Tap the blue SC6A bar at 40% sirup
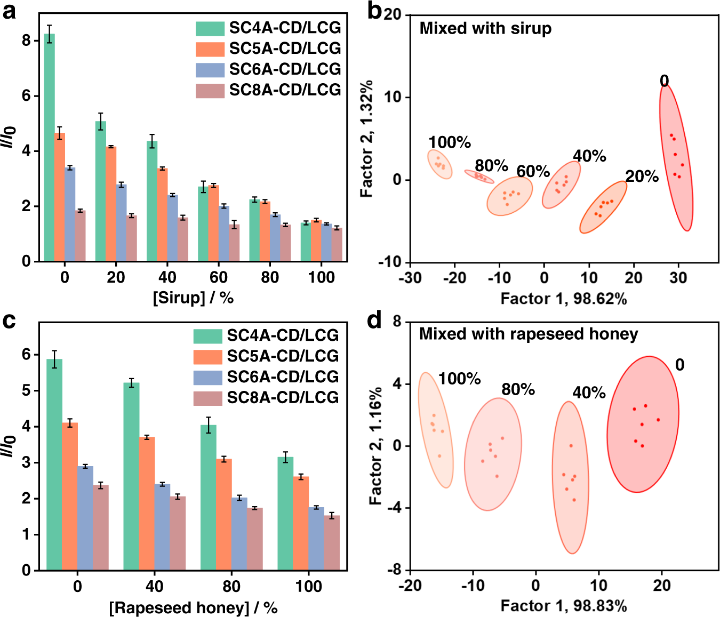pyautogui.click(x=172, y=228)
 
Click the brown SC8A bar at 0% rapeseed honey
pyautogui.click(x=101, y=527)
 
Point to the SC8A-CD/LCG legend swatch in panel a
pyautogui.click(x=210, y=91)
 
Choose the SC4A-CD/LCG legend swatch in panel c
pyautogui.click(x=207, y=336)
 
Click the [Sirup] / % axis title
pyautogui.click(x=193, y=298)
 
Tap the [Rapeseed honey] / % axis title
pyautogui.click(x=193, y=607)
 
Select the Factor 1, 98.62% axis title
pyautogui.click(x=563, y=299)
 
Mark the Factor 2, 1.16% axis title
pyautogui.click(x=375, y=446)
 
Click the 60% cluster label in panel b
pyautogui.click(x=533, y=171)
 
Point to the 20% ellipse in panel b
pyautogui.click(x=603, y=207)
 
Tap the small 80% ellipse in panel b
pyautogui.click(x=479, y=177)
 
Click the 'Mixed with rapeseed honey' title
pyautogui.click(x=528, y=334)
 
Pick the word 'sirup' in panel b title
pyautogui.click(x=531, y=28)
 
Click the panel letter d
pyautogui.click(x=375, y=320)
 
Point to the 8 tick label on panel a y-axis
pyautogui.click(x=27, y=41)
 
